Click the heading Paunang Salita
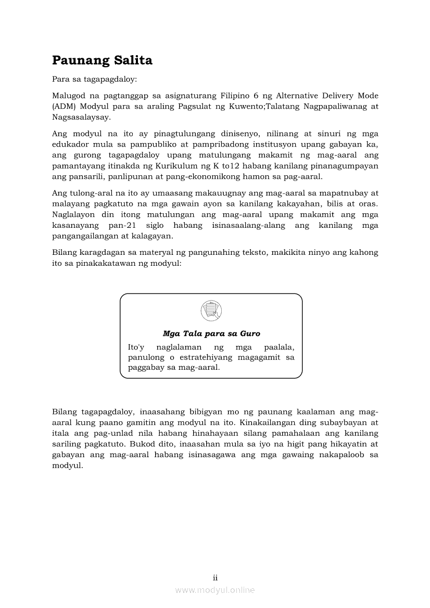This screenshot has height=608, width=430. pyautogui.click(x=102, y=61)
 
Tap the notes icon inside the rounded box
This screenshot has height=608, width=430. pyautogui.click(x=211, y=311)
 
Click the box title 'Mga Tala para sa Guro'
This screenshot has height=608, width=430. pyautogui.click(x=211, y=334)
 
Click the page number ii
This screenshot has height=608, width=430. pyautogui.click(x=215, y=578)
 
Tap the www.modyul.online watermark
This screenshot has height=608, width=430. pyautogui.click(x=215, y=590)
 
